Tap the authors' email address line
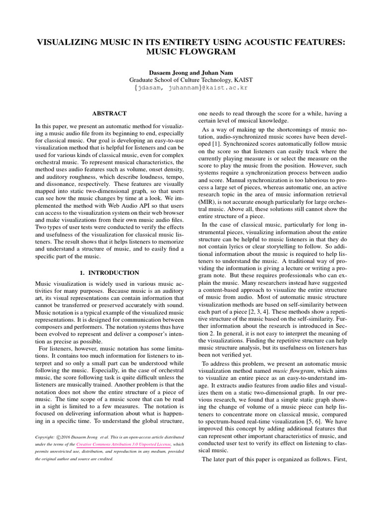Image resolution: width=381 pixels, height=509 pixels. pyautogui.click(x=190, y=87)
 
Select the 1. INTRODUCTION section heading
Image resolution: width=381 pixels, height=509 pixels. pyautogui.click(x=110, y=273)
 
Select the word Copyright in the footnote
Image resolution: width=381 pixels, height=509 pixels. pyautogui.click(x=44, y=436)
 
